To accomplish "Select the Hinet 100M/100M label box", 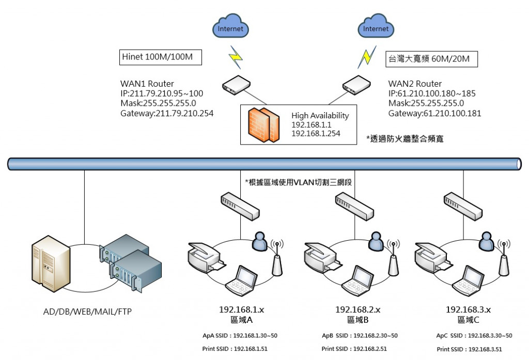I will pos(161,57).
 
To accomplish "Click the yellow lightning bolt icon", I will pos(236,58).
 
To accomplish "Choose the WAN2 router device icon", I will pos(359,85).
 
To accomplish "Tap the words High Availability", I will pos(320,116).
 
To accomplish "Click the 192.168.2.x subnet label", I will pos(358,309).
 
